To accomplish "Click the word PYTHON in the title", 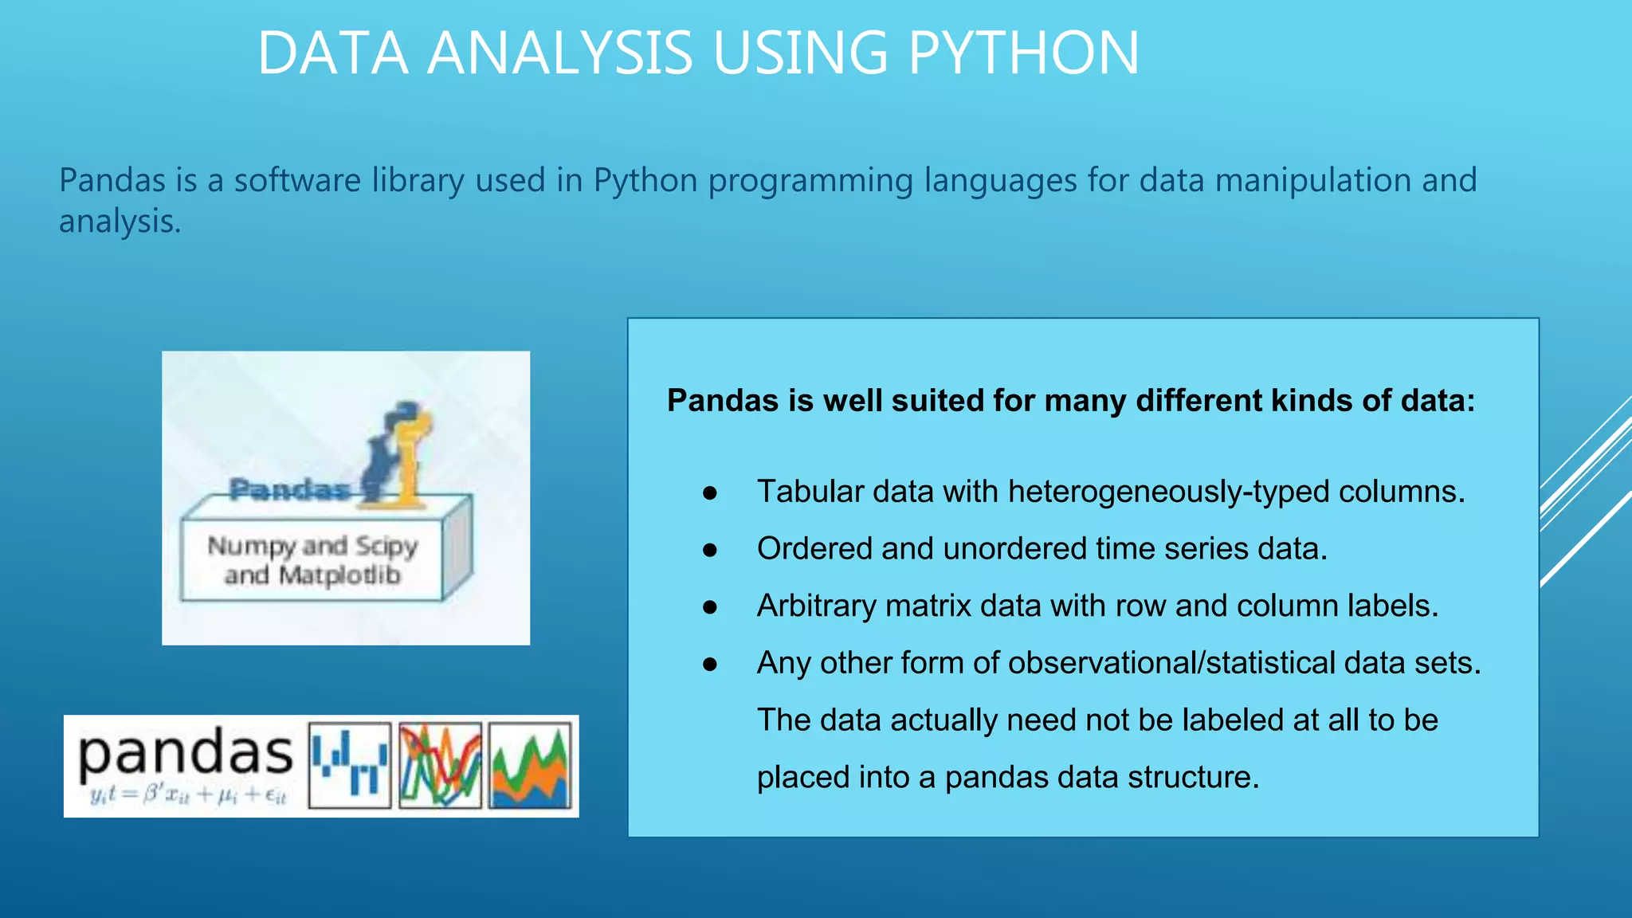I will [x=1023, y=53].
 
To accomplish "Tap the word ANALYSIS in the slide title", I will [x=559, y=53].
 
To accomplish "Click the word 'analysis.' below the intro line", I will [x=120, y=222].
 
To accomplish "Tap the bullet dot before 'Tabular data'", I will [x=710, y=493].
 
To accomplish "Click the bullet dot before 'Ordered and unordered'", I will [x=710, y=550].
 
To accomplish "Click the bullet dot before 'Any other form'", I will [x=710, y=665].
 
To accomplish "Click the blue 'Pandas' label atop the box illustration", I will [x=288, y=489].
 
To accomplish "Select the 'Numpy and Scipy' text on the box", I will [x=312, y=546].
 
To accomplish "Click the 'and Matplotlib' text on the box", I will [x=312, y=575].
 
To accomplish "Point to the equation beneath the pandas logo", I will [x=188, y=794].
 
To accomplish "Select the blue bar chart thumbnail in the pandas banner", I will [x=350, y=764].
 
